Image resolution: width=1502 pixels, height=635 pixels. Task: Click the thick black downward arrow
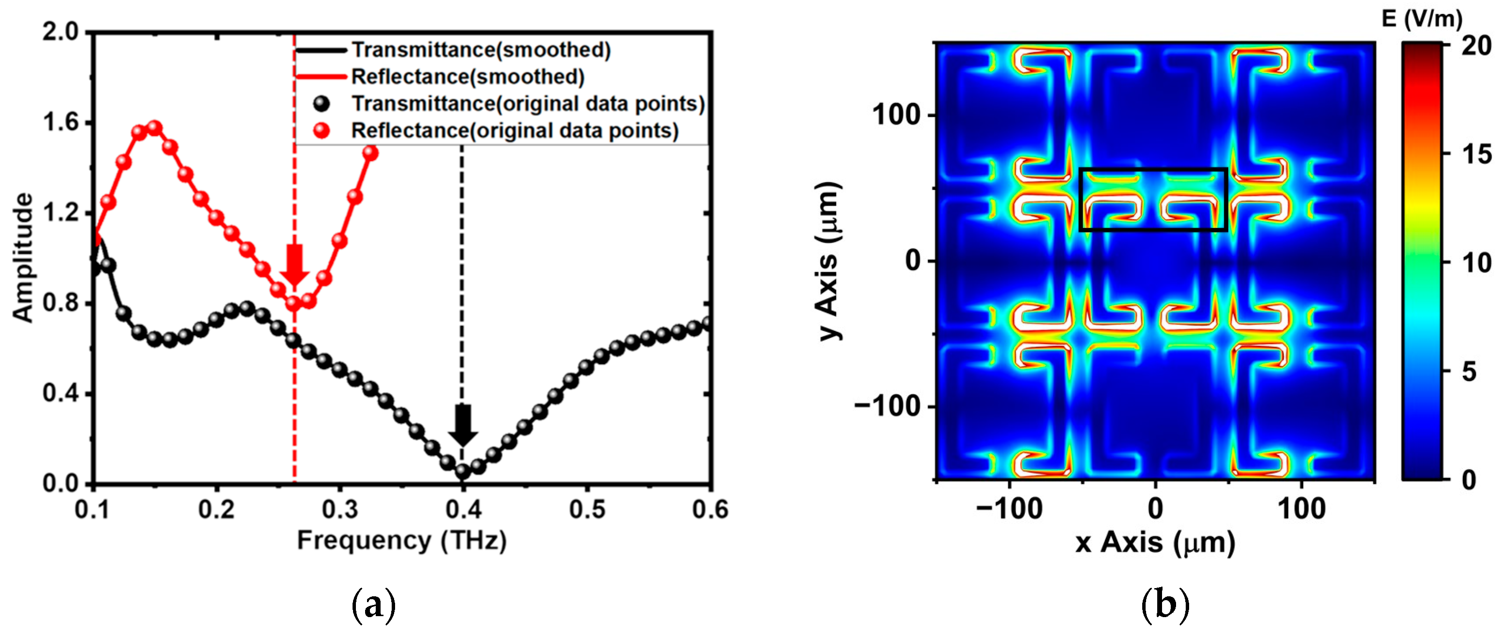click(x=463, y=425)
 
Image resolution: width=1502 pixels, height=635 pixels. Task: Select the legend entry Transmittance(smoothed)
click(x=481, y=50)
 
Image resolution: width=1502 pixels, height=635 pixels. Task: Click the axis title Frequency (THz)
click(x=402, y=541)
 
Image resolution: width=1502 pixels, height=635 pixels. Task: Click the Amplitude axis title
click(x=23, y=257)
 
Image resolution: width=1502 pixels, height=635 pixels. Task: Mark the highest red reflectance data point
click(x=155, y=128)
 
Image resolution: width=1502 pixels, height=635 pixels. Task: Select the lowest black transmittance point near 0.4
click(x=463, y=471)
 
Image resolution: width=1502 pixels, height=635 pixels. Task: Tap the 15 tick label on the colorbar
click(x=1477, y=154)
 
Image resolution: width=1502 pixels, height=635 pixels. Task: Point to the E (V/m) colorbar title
click(x=1422, y=19)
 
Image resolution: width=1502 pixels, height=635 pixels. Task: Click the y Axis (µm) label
click(x=828, y=261)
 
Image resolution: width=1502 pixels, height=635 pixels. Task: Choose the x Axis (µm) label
click(x=1155, y=542)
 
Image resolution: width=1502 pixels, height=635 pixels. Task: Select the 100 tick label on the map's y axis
click(x=896, y=115)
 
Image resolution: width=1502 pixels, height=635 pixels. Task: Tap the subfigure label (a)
click(x=374, y=606)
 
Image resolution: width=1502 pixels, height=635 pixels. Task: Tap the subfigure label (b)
click(x=1164, y=606)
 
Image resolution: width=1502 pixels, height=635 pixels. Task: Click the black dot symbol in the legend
click(x=321, y=104)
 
